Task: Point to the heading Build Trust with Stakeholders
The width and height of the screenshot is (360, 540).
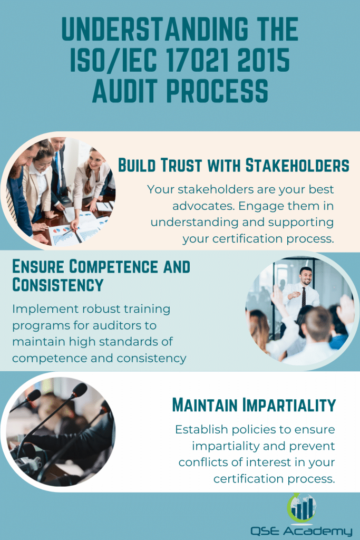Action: coord(233,166)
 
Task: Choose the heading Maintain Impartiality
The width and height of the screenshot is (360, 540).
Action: coord(254,405)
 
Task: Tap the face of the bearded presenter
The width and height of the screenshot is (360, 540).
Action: coord(306,276)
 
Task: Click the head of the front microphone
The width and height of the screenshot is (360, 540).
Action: coord(80,390)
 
